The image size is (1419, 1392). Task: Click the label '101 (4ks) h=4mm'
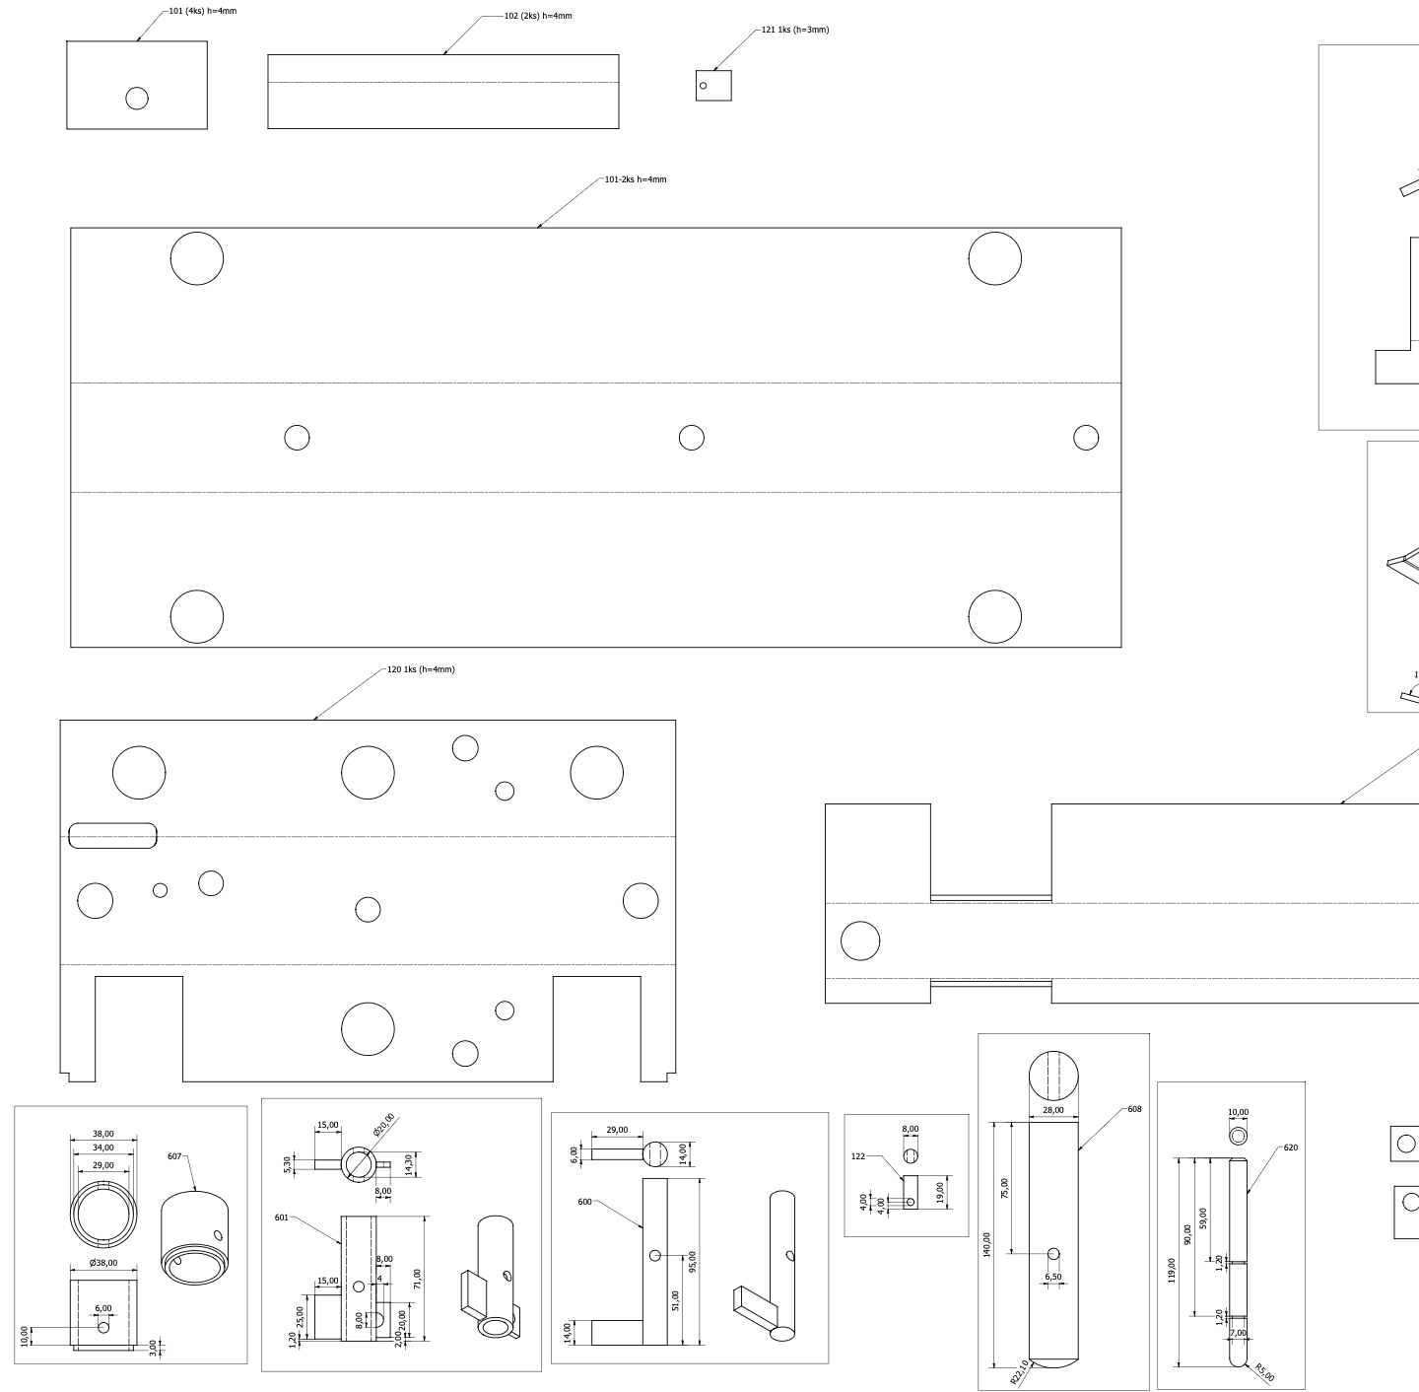(x=203, y=11)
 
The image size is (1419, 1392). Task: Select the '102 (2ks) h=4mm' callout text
(x=538, y=16)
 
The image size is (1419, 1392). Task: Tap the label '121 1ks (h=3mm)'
(x=794, y=30)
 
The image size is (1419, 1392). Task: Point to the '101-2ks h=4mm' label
(x=636, y=179)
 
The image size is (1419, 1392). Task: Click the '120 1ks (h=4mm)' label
(x=421, y=669)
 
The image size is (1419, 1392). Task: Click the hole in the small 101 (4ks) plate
(x=137, y=98)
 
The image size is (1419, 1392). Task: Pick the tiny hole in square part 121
(x=704, y=86)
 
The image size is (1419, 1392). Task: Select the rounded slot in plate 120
(x=112, y=836)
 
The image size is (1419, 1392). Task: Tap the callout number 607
(x=174, y=1156)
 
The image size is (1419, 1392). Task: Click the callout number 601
(x=281, y=1218)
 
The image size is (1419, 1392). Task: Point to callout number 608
(x=1134, y=1109)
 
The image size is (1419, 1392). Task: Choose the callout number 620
(x=1291, y=1148)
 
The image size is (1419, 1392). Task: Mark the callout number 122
(x=858, y=1156)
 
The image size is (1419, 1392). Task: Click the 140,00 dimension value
(x=986, y=1245)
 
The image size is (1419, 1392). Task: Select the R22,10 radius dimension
(x=1020, y=1372)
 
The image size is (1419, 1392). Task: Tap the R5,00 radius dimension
(x=1264, y=1372)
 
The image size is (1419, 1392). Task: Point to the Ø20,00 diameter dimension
(x=384, y=1125)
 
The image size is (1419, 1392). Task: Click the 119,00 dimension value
(x=1172, y=1271)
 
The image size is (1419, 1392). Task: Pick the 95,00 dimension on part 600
(x=692, y=1262)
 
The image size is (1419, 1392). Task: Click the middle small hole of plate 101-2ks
(x=692, y=438)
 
